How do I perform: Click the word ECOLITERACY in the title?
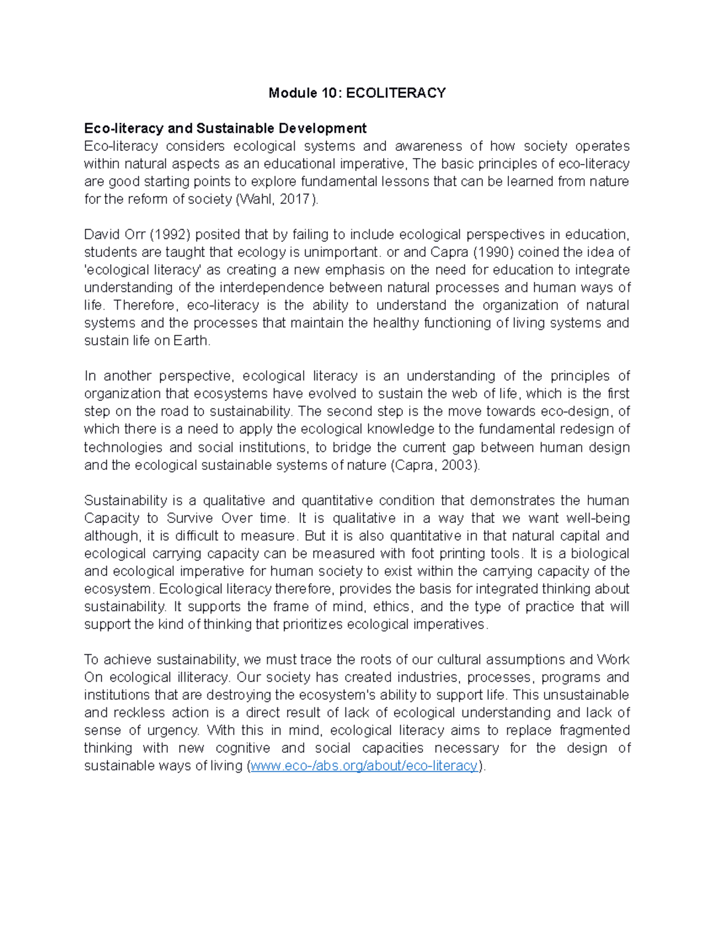(396, 93)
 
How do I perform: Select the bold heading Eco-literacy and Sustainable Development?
(225, 128)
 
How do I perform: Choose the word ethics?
(391, 606)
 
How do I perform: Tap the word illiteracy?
(200, 677)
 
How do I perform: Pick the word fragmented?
(594, 730)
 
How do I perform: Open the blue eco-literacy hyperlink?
(364, 766)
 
